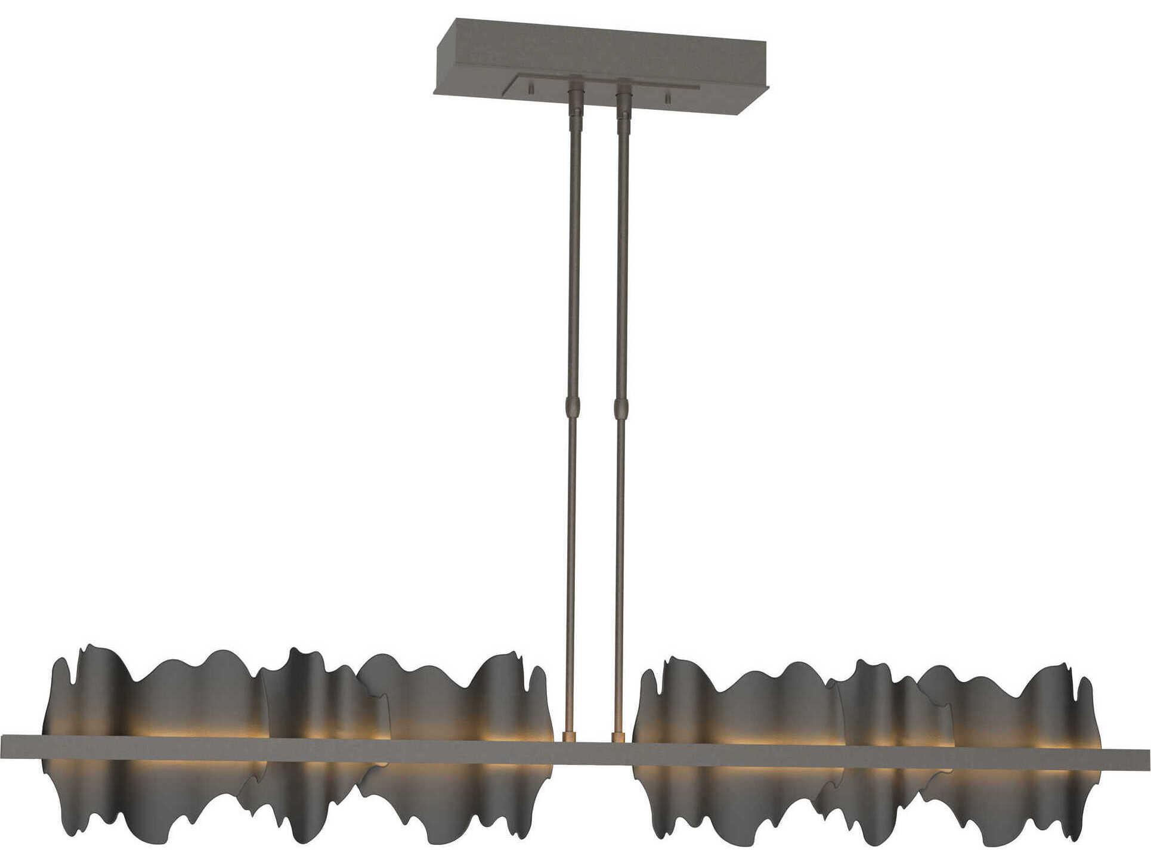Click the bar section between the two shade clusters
[593, 754]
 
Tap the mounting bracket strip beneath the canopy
[602, 84]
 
